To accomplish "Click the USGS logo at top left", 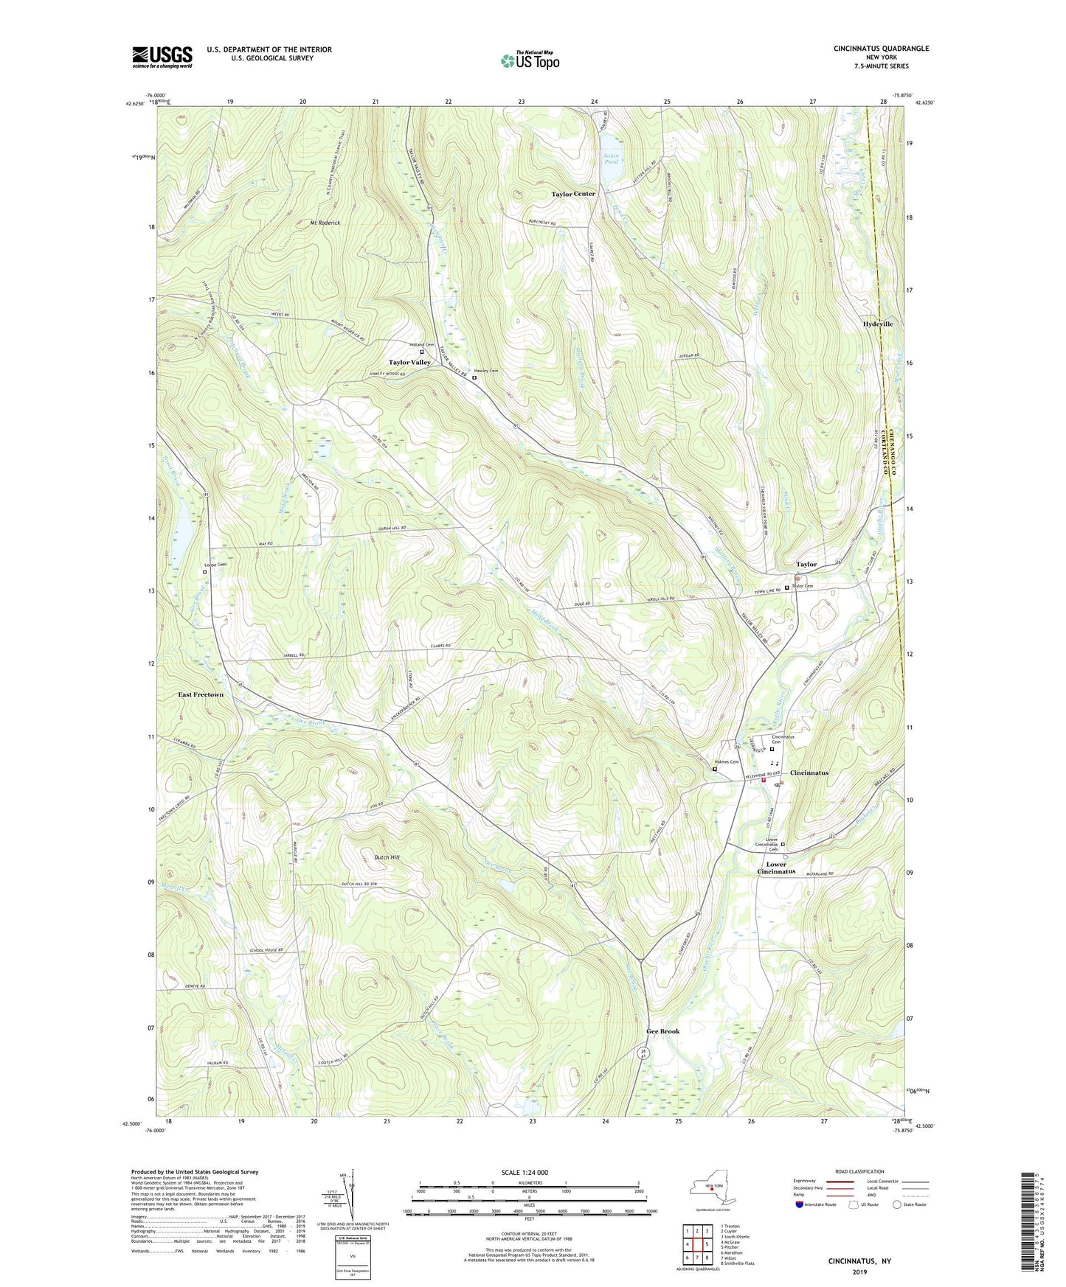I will click(162, 56).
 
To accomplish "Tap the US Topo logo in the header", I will click(529, 60).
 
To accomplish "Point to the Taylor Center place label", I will click(573, 194).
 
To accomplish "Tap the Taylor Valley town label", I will click(409, 363).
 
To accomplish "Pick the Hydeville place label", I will click(878, 324).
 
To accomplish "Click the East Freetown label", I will click(201, 695).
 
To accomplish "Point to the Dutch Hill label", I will click(387, 858).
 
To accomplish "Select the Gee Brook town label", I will click(663, 1031).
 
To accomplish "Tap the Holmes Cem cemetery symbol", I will click(714, 769).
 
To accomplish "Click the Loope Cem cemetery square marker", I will click(205, 571).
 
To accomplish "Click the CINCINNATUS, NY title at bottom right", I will click(859, 1261).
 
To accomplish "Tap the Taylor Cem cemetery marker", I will click(786, 587).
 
